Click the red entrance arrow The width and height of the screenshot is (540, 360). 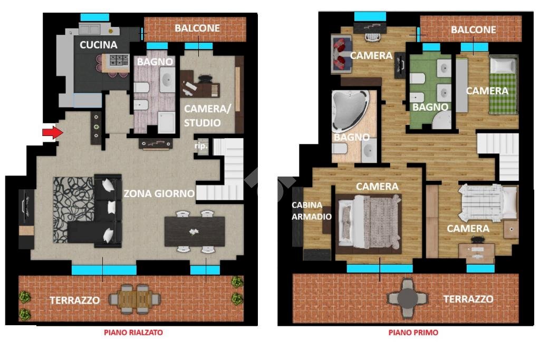click(x=53, y=132)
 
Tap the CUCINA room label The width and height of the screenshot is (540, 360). click(x=99, y=45)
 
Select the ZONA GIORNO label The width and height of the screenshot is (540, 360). click(x=159, y=193)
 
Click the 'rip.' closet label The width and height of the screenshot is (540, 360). click(x=201, y=146)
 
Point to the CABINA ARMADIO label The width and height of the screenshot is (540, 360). click(x=311, y=211)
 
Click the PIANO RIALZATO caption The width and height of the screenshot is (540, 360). click(x=133, y=333)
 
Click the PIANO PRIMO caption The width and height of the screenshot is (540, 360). click(x=413, y=333)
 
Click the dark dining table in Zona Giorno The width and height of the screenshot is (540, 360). click(x=195, y=231)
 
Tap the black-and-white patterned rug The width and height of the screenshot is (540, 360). click(x=73, y=209)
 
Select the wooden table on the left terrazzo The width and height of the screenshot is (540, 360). click(x=134, y=299)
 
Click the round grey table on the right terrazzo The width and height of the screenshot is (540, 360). click(x=408, y=298)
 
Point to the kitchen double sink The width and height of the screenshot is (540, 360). click(x=90, y=29)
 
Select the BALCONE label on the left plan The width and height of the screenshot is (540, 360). click(x=197, y=28)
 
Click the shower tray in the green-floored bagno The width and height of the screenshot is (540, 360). click(x=442, y=121)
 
